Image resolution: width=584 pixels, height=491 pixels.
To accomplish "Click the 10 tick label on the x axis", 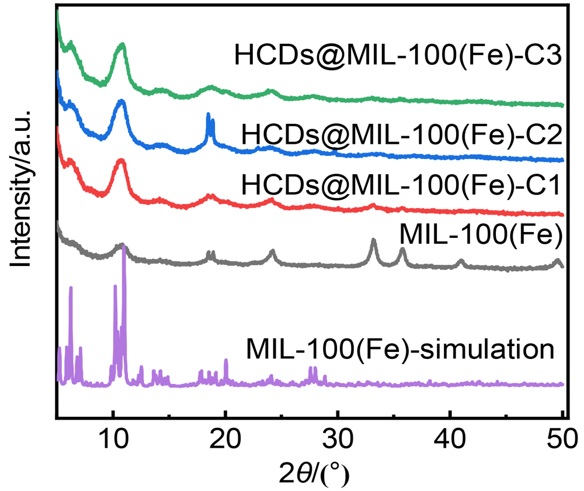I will pyautogui.click(x=112, y=436).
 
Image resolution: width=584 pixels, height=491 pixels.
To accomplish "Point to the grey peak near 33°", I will pyautogui.click(x=374, y=241).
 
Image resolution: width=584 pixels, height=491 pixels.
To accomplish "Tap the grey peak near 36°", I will pyautogui.click(x=402, y=250).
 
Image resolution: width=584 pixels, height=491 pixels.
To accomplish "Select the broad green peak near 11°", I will pyautogui.click(x=122, y=44).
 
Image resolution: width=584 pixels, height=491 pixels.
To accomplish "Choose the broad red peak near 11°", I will pyautogui.click(x=121, y=160).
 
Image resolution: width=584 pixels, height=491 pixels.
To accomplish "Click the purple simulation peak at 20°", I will pyautogui.click(x=225, y=361).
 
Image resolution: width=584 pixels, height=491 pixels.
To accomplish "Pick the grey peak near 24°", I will pyautogui.click(x=272, y=251).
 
